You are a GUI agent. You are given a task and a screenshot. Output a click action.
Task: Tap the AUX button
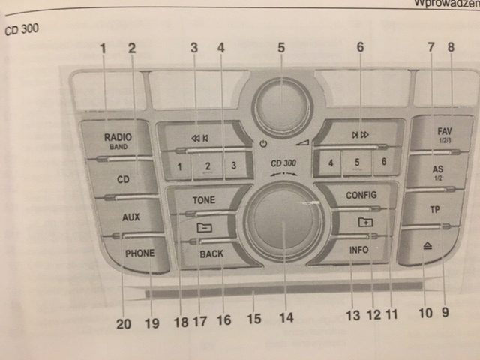(x=130, y=217)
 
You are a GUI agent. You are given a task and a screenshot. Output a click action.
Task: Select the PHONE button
(x=139, y=253)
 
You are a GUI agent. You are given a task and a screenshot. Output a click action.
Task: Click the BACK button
(x=211, y=254)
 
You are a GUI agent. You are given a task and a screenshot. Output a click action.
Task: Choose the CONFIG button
(x=361, y=195)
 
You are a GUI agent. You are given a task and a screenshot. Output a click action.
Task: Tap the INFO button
(x=358, y=250)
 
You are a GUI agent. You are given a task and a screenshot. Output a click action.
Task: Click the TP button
(x=434, y=209)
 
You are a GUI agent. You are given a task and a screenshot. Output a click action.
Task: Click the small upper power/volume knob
(x=281, y=107)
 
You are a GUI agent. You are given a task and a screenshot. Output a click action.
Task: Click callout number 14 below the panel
(x=286, y=317)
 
